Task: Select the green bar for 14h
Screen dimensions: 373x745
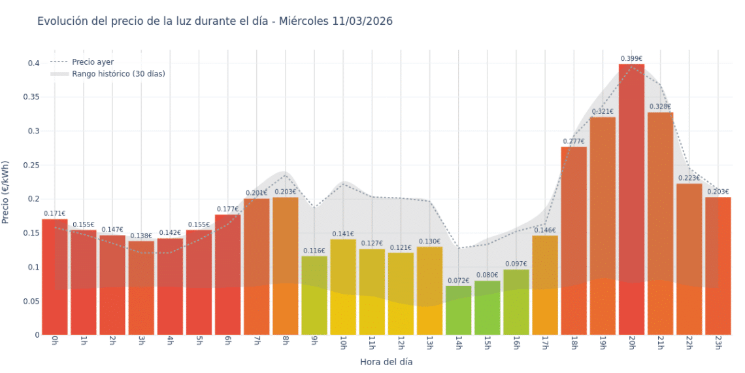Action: coord(458,311)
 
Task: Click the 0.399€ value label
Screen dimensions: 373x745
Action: coord(631,59)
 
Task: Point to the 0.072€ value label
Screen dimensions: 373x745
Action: coord(458,281)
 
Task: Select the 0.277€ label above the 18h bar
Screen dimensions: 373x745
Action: coord(574,141)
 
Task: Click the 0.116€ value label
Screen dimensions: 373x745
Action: coord(314,251)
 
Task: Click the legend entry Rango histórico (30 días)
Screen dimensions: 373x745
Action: coord(118,74)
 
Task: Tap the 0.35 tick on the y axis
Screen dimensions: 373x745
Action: coord(31,97)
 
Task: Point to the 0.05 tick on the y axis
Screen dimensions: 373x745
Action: coord(31,301)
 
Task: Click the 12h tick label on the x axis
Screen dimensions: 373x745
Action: coord(401,344)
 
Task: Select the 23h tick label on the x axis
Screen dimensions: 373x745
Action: coord(718,344)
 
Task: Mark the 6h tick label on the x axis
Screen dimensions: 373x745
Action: coord(227,344)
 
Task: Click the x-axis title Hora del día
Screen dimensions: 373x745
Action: coord(386,361)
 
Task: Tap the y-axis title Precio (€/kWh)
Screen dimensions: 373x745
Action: coord(6,193)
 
